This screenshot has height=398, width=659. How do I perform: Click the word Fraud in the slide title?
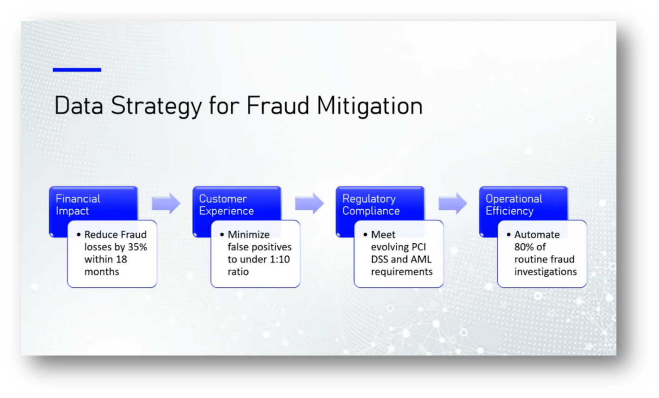pos(278,106)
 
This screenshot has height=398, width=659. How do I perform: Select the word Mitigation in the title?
pos(370,106)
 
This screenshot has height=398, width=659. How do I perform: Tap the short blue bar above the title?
pos(77,70)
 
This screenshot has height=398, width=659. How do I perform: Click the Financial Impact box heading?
pos(78,205)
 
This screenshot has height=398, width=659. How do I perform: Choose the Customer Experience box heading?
pos(226,205)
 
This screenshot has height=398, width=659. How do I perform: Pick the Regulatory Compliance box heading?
pos(370,205)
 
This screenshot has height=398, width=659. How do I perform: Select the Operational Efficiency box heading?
pos(514,205)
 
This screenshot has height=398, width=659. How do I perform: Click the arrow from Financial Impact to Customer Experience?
pos(166,204)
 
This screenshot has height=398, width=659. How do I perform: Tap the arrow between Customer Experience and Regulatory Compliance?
pos(309,204)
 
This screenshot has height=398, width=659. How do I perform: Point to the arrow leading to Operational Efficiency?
pos(452,204)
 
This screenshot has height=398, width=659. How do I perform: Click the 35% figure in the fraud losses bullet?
pos(137,247)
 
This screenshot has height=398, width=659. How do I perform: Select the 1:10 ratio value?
pos(280,259)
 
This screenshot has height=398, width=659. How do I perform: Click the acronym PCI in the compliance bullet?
pos(418,247)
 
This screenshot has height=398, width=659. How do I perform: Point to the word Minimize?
pos(249,235)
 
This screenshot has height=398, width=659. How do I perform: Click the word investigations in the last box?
pos(545,272)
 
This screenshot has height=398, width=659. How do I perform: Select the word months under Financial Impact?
pos(102,272)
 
